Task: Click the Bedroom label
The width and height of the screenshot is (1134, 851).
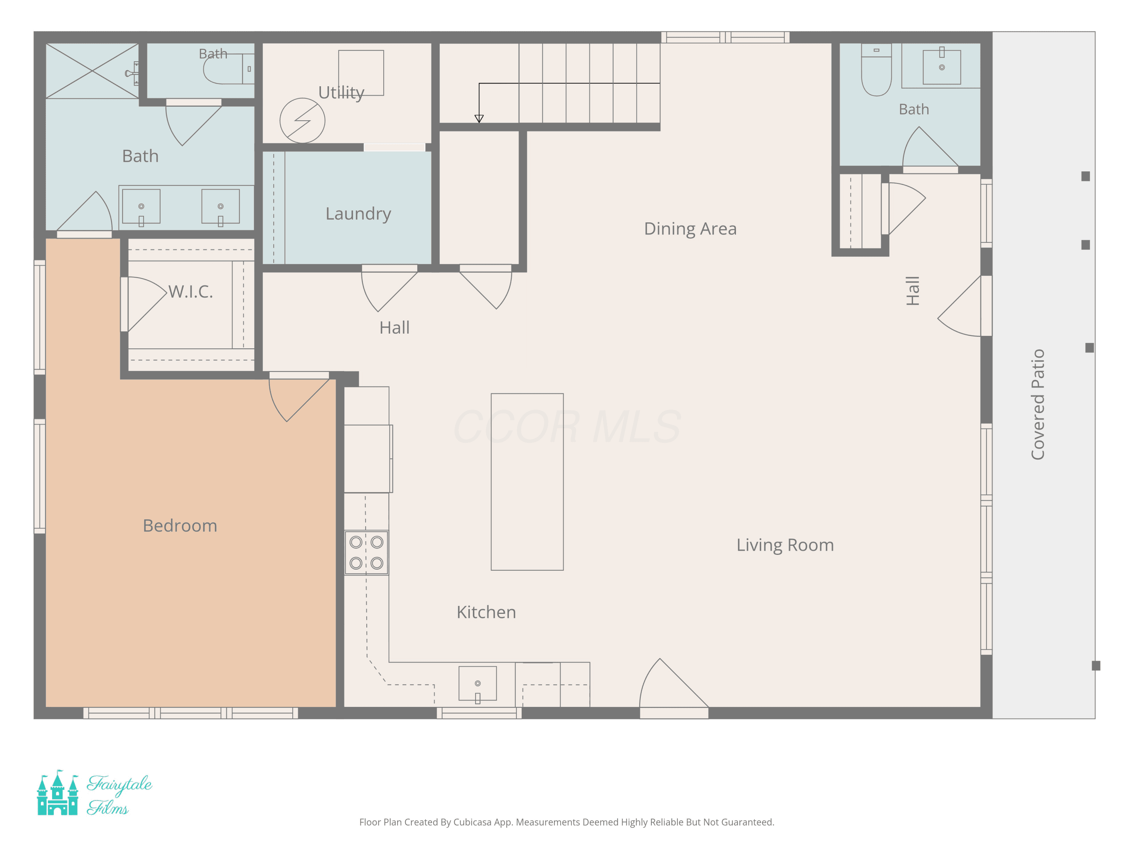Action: click(x=180, y=526)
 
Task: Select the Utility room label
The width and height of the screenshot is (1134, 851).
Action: click(x=341, y=92)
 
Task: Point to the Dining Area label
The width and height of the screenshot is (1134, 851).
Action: click(x=690, y=228)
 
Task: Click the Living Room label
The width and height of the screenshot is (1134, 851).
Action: click(x=785, y=545)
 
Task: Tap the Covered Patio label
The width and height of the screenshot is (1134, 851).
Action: click(x=1038, y=404)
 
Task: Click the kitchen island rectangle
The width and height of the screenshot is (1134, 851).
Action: click(x=527, y=482)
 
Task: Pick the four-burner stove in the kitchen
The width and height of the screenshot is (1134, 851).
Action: click(x=366, y=553)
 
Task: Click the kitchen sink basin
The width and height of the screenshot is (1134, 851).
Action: click(x=477, y=683)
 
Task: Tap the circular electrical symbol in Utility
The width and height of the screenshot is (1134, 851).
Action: click(x=302, y=121)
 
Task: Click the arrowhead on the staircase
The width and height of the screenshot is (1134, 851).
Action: click(x=479, y=118)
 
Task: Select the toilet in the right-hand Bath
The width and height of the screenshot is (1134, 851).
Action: click(x=876, y=70)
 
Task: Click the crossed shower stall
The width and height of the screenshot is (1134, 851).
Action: click(x=92, y=71)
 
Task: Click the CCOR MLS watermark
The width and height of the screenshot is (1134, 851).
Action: click(x=567, y=426)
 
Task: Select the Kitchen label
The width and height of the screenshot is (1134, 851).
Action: click(x=486, y=612)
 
